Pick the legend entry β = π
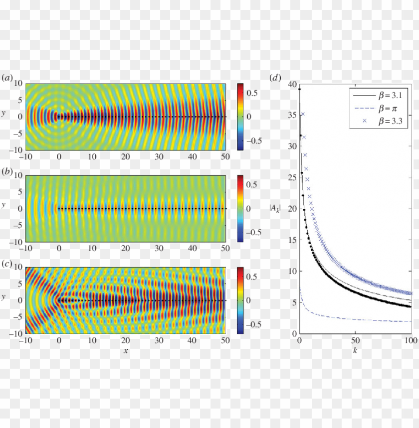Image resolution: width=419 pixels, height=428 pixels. (x=381, y=108)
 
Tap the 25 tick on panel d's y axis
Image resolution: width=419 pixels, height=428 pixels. (x=292, y=177)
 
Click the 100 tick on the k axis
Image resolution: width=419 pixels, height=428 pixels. (x=410, y=341)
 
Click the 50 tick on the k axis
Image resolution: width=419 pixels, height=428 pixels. (x=355, y=341)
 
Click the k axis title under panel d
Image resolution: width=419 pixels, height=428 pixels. (x=355, y=351)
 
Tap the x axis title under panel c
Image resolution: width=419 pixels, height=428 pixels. (x=126, y=351)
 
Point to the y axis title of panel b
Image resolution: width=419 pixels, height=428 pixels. (x=4, y=205)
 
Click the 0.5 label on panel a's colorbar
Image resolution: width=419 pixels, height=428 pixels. (x=250, y=93)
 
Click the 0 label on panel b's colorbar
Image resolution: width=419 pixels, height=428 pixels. (x=249, y=208)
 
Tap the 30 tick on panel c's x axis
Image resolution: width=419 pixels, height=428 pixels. (x=159, y=341)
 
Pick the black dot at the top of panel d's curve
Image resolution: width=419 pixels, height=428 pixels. (x=299, y=89)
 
